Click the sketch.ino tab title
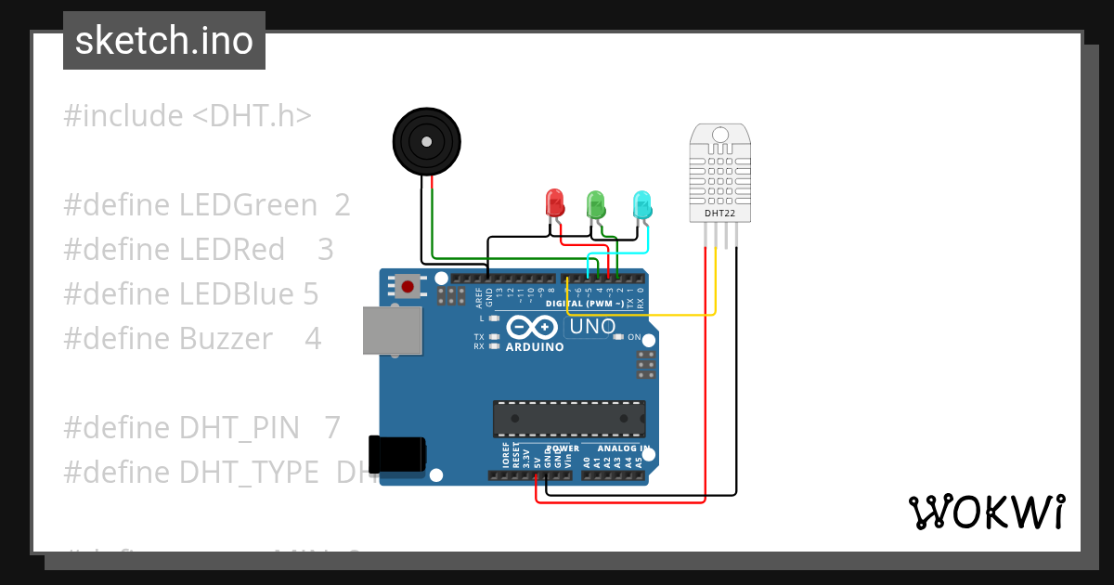point(164,41)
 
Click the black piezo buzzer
point(426,141)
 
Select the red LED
point(554,203)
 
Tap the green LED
point(595,204)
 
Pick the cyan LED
point(641,204)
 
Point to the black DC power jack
point(396,455)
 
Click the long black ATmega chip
point(569,419)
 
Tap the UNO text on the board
point(592,327)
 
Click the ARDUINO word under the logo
point(534,347)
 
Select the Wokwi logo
point(985,512)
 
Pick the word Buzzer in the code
point(227,339)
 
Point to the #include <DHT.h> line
point(188,116)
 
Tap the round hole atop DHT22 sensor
point(719,136)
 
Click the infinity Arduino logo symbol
point(534,327)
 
